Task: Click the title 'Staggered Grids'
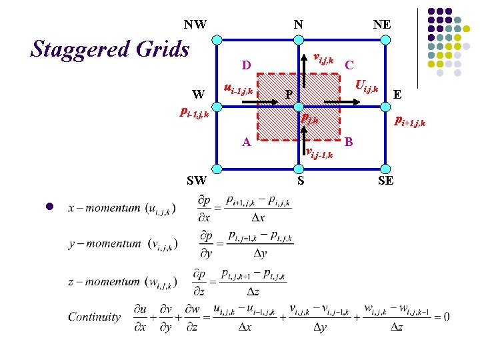tap(111, 49)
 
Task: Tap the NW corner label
tap(195, 25)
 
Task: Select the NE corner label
tap(382, 25)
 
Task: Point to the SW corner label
tap(197, 180)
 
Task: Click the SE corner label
tap(385, 180)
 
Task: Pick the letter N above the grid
tap(299, 25)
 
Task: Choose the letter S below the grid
tap(301, 180)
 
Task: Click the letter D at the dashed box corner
tap(246, 65)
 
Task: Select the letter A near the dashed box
tap(246, 142)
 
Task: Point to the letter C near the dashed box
tap(349, 65)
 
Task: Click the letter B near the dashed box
tap(349, 141)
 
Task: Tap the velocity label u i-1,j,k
tap(238, 88)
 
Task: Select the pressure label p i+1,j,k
tap(409, 122)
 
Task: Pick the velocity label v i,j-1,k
tap(319, 153)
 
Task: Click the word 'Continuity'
tap(95, 317)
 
